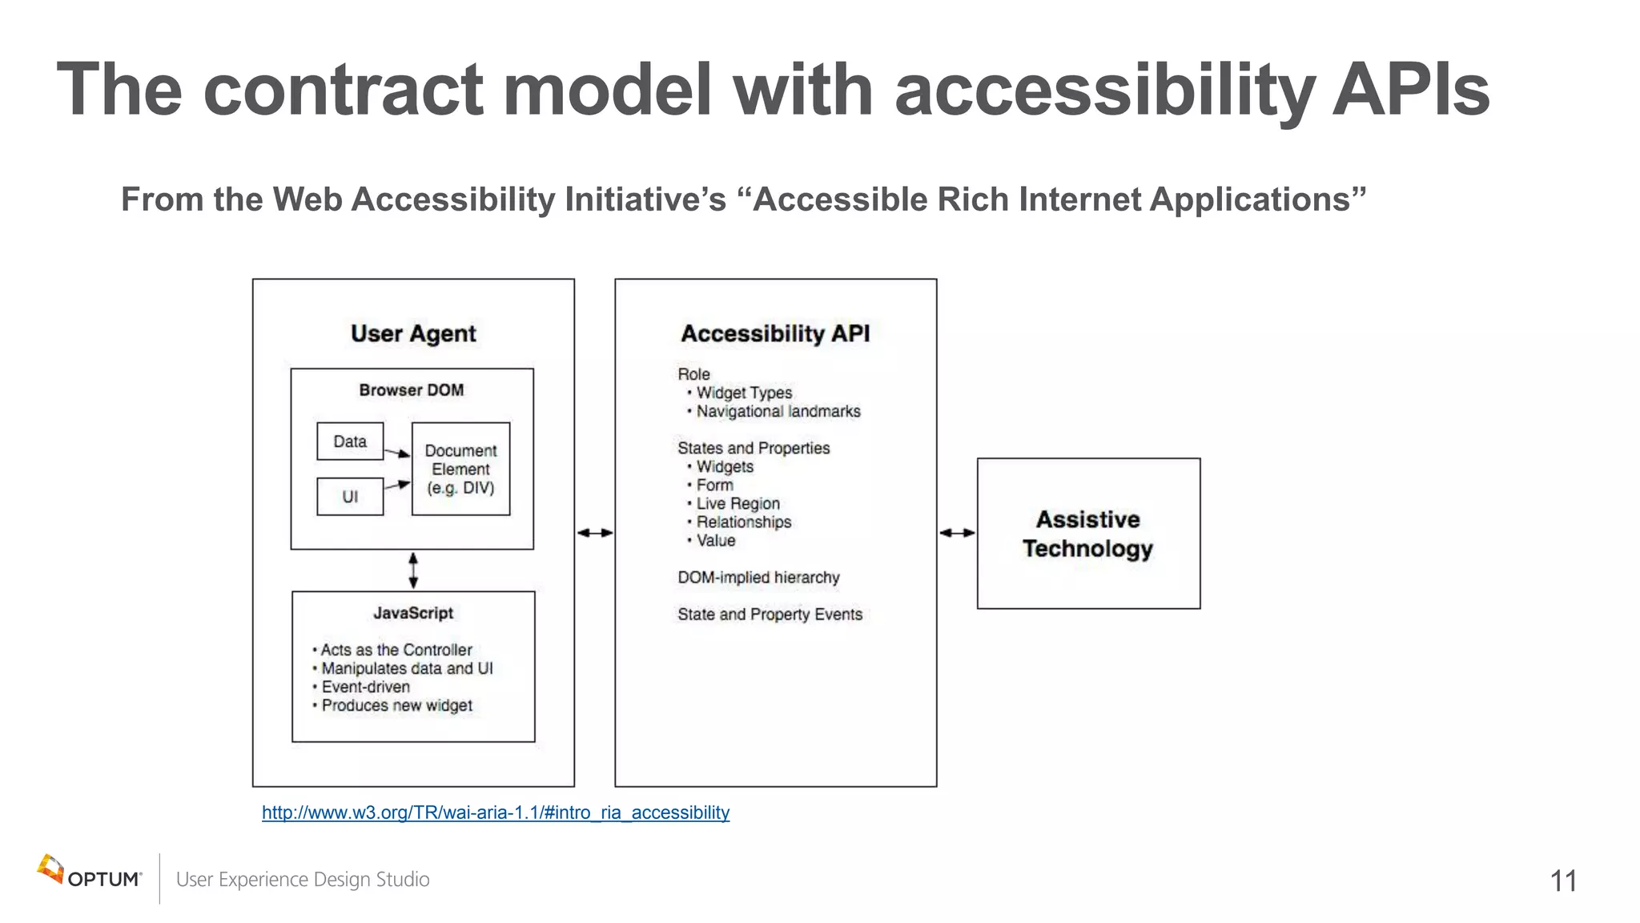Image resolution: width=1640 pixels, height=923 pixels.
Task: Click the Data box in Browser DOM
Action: tap(350, 441)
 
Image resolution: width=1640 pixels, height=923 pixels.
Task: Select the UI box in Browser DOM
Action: tap(350, 497)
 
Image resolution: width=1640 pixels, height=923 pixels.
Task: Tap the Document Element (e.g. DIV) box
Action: tap(460, 469)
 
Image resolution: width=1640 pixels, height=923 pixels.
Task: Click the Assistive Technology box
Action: tap(1088, 534)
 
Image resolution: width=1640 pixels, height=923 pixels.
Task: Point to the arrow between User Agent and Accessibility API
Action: tap(595, 533)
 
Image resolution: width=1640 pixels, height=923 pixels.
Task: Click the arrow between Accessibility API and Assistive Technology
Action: tap(957, 533)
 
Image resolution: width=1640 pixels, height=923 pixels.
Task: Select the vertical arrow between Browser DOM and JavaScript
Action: tap(413, 570)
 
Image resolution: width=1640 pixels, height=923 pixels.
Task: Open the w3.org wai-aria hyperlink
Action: tap(496, 812)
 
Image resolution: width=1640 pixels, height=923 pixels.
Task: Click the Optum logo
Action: tap(89, 873)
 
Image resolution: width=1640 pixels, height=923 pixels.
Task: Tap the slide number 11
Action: tap(1563, 881)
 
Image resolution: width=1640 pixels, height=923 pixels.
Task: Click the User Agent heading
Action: tap(413, 333)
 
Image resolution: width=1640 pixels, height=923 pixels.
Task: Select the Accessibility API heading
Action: tap(775, 333)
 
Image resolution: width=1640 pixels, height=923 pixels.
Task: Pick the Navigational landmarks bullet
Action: tap(778, 411)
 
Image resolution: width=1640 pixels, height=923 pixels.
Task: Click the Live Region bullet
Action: tap(738, 503)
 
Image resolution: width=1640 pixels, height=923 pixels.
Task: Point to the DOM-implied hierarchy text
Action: tap(758, 578)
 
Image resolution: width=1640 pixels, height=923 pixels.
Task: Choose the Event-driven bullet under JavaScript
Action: tap(365, 687)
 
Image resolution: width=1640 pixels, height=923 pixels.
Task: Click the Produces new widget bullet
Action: tap(396, 705)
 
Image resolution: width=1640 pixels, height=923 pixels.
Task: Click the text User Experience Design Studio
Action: tap(303, 880)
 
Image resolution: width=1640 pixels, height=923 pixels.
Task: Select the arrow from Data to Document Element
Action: tap(397, 453)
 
